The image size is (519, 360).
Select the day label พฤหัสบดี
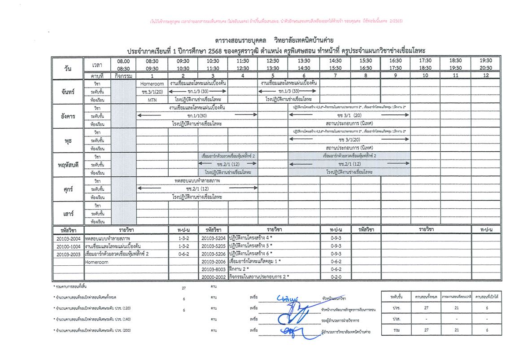68,164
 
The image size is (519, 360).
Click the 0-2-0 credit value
336,277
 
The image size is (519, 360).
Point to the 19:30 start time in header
485,61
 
